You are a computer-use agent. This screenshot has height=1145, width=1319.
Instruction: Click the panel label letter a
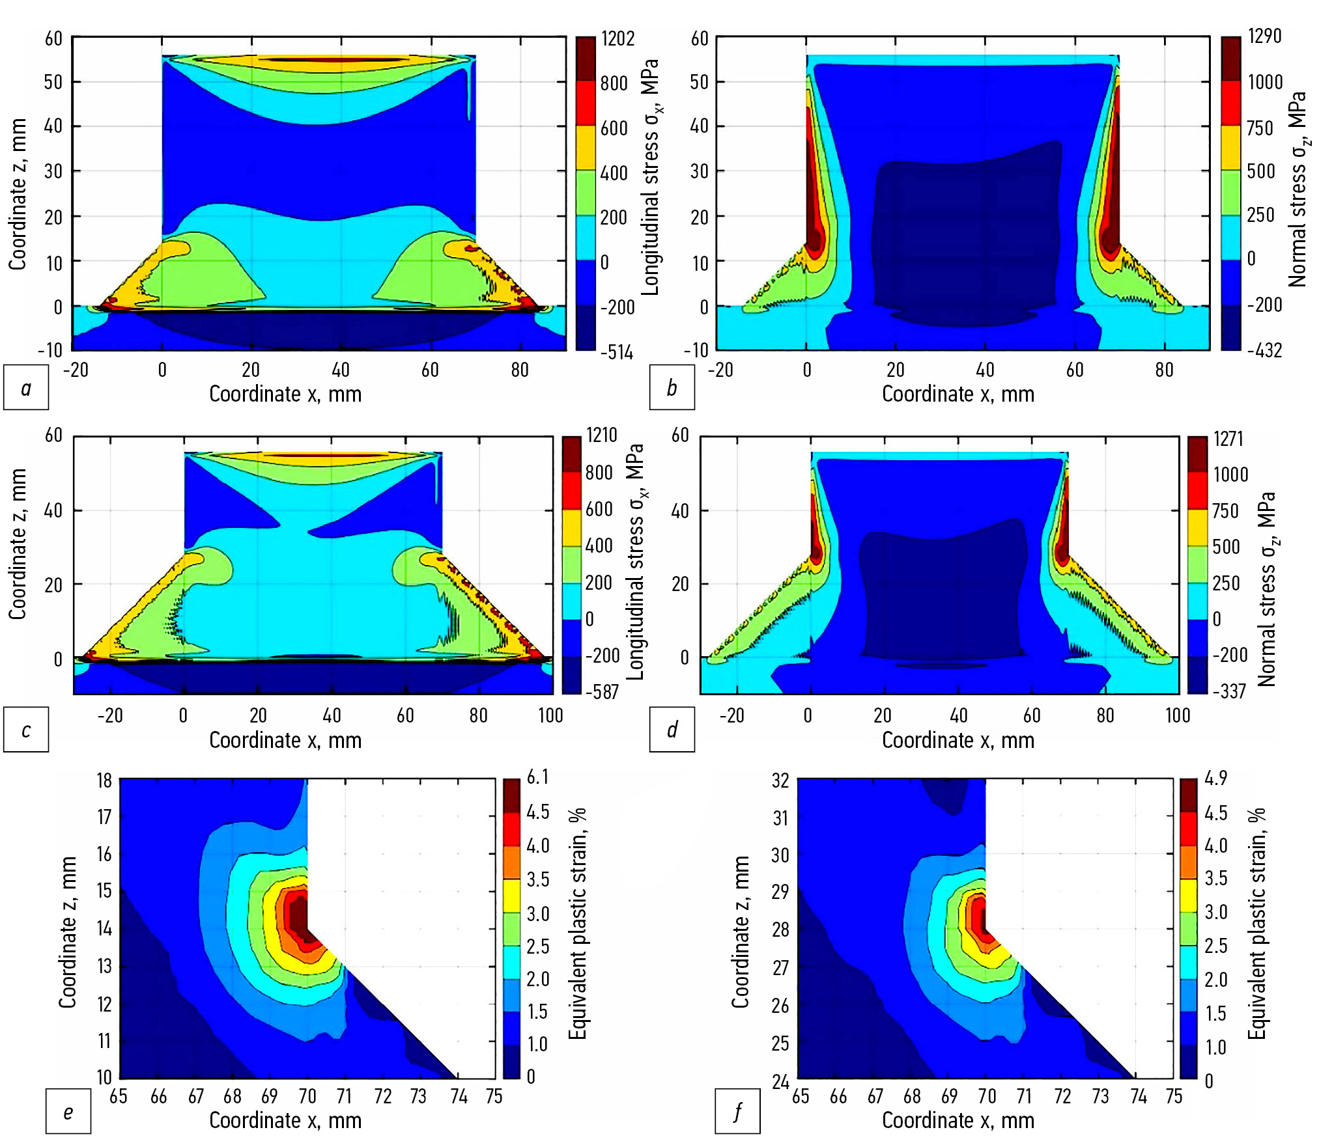(x=26, y=388)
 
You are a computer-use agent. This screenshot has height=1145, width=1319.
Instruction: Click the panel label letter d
(x=672, y=730)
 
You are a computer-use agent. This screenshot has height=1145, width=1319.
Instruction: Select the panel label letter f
(x=737, y=1111)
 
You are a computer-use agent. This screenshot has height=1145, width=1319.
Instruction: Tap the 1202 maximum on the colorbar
(x=617, y=39)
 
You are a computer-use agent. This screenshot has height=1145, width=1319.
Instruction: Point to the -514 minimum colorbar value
(x=617, y=353)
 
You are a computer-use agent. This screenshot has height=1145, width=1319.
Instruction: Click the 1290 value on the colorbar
(x=1264, y=36)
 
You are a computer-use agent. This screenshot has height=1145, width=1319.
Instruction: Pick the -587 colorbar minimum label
(x=602, y=691)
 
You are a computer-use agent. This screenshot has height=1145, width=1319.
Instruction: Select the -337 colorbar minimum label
(x=1229, y=691)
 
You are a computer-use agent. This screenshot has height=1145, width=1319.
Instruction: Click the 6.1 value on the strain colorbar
(x=538, y=777)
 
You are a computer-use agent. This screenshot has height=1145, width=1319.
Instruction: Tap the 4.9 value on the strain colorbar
(x=1216, y=779)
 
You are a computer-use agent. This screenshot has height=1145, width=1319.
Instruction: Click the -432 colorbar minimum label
(x=1264, y=351)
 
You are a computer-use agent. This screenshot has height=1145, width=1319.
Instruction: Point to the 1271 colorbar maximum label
(x=1228, y=439)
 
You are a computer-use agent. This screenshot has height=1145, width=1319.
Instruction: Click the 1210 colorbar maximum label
(x=602, y=435)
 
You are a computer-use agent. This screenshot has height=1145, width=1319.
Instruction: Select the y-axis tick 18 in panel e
(x=104, y=780)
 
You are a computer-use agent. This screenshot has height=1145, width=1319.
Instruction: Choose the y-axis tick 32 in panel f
(x=780, y=780)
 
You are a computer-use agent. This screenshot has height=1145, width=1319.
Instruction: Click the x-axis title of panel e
(x=285, y=1120)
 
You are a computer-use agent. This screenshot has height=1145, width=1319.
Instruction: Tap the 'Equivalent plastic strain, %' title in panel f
(x=1256, y=924)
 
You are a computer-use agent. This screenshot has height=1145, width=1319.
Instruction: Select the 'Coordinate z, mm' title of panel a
(x=18, y=194)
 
